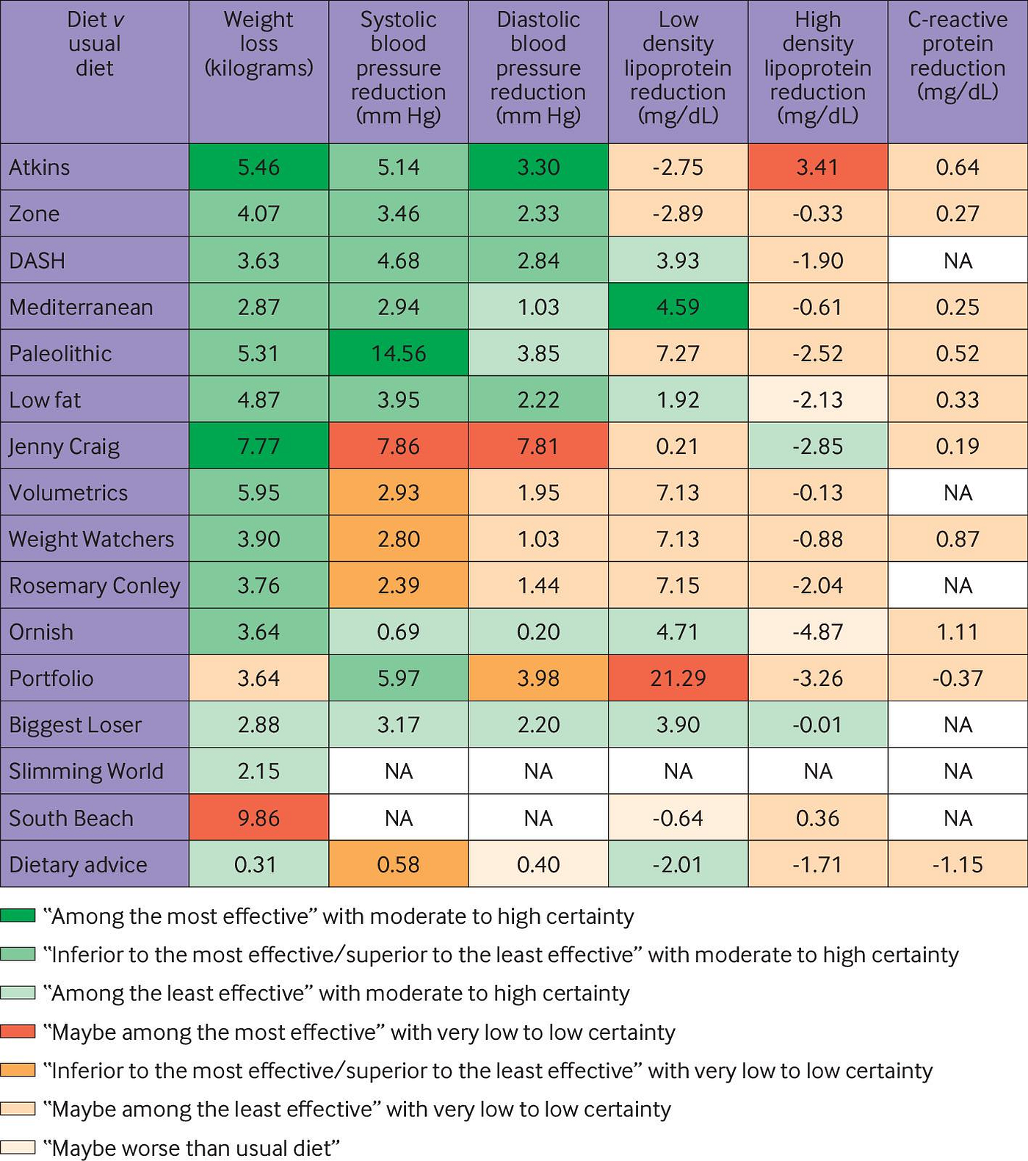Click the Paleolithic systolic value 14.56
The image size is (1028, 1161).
pos(398,353)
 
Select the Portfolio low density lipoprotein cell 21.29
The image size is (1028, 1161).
pos(678,678)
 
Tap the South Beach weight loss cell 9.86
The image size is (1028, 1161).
pos(258,818)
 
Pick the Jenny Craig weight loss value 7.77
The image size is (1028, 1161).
pos(258,446)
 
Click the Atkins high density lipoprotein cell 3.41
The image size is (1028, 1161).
pos(817,167)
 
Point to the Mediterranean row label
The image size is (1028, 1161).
pos(81,307)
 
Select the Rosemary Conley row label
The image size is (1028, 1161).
pos(94,585)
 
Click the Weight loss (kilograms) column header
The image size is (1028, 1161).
pos(258,44)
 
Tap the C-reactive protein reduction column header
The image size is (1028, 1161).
pos(958,56)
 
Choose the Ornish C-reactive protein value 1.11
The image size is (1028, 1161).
pos(958,632)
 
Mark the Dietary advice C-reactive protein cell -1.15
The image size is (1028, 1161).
pos(958,864)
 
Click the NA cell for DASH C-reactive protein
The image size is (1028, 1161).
pos(958,261)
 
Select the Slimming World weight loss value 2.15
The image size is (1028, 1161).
pos(258,771)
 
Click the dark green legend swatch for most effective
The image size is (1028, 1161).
pos(18,916)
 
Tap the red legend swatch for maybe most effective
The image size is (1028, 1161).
pos(18,1032)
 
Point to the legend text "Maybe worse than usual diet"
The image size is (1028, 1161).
pos(191,1148)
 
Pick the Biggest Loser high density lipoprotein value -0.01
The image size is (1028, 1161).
pos(817,725)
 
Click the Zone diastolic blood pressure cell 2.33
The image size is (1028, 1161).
pos(538,214)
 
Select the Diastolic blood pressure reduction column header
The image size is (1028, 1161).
pos(538,68)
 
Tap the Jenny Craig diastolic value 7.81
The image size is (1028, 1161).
pos(538,446)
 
